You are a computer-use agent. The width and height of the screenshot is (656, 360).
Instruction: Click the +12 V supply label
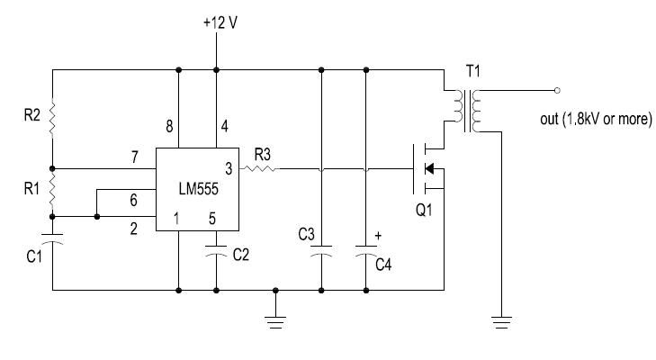[220, 22]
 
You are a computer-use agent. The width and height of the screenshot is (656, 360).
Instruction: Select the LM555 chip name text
[198, 189]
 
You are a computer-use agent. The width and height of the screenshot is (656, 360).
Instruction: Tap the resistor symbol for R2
[52, 118]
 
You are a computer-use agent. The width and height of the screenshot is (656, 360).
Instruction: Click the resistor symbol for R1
[52, 192]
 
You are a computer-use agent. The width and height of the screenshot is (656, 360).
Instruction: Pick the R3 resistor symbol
[260, 168]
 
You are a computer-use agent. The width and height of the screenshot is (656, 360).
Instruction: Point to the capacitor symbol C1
[52, 238]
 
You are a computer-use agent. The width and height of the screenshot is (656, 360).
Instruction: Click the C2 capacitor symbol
[216, 251]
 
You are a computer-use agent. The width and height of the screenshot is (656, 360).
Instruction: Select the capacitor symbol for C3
[321, 251]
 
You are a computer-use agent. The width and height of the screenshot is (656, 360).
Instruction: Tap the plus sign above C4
[378, 235]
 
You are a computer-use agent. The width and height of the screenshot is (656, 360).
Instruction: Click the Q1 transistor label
[424, 210]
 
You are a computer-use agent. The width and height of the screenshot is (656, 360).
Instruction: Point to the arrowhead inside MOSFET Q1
[429, 168]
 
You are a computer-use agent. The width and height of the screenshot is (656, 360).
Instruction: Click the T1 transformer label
[472, 72]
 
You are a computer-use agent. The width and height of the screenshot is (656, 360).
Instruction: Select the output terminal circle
[557, 90]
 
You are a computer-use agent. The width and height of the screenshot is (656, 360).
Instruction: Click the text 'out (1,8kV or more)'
[596, 119]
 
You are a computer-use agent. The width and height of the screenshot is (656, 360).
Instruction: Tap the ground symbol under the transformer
[501, 322]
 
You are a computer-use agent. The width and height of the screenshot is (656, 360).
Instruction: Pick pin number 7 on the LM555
[134, 157]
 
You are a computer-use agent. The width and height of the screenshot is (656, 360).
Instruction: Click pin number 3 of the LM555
[229, 168]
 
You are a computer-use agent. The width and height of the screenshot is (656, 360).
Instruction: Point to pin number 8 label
[169, 126]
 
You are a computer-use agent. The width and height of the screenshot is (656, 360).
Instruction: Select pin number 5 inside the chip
[212, 219]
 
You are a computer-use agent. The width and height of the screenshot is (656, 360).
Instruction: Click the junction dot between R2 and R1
[52, 168]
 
